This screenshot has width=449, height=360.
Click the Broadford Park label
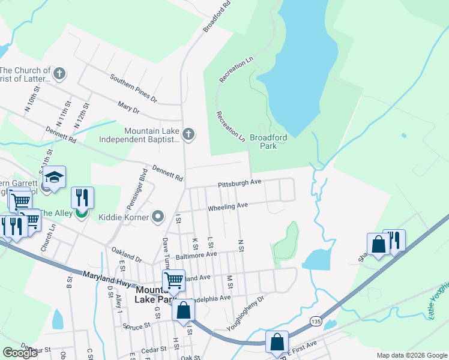tap(268, 142)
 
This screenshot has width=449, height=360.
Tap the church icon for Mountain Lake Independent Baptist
tap(188, 134)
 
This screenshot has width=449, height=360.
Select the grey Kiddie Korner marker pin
tap(158, 216)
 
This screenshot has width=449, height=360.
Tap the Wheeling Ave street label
tap(228, 207)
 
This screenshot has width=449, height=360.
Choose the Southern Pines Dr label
tap(133, 88)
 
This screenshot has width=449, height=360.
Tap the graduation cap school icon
tap(54, 177)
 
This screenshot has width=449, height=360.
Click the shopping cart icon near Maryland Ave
tap(173, 280)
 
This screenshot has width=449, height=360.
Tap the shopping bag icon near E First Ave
tap(277, 341)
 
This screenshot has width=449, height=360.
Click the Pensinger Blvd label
tap(136, 189)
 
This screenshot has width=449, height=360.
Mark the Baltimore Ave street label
tap(196, 254)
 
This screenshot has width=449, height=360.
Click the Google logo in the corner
tap(20, 353)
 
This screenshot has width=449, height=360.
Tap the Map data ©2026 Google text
tap(411, 355)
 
